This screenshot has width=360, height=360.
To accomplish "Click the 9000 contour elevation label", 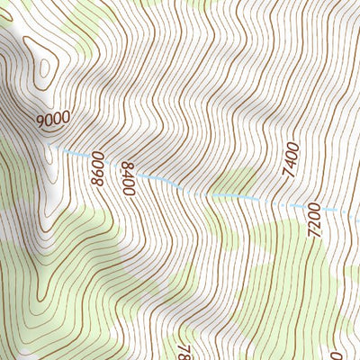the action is (x=54, y=119).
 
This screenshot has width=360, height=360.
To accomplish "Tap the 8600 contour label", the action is (x=98, y=170).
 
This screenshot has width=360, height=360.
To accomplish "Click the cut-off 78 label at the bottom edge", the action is (x=185, y=350).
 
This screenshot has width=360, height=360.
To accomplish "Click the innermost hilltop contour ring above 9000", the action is (x=43, y=67).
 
